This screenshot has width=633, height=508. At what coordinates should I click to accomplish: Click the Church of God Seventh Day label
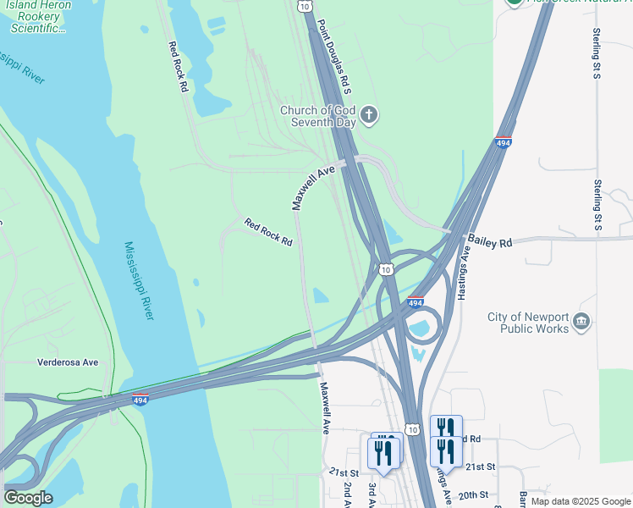(x=318, y=116)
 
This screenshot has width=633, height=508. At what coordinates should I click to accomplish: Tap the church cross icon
(x=368, y=114)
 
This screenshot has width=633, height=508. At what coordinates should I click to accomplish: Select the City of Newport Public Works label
(x=528, y=323)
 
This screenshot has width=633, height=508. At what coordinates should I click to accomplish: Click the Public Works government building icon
(x=581, y=322)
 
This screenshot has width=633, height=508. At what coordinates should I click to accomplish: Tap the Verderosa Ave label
(x=68, y=362)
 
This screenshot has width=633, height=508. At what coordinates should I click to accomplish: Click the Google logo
(x=28, y=498)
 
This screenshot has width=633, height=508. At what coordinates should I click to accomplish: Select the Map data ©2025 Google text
(x=580, y=501)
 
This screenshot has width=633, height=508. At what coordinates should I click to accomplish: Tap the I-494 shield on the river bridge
(x=141, y=400)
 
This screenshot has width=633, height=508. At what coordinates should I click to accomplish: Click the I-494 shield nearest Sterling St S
(x=503, y=143)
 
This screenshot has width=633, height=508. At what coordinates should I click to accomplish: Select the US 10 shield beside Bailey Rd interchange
(x=386, y=269)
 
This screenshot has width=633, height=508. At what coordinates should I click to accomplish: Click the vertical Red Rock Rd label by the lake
(x=177, y=67)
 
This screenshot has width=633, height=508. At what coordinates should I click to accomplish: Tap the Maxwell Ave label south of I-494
(x=324, y=407)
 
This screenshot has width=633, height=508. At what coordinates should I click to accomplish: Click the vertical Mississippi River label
(x=139, y=280)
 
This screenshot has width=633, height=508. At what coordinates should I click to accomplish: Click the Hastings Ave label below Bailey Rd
(x=464, y=275)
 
